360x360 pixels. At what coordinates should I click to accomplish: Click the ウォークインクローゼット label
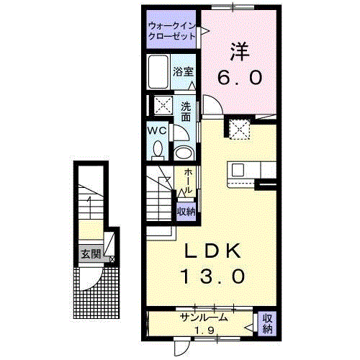coord(171,30)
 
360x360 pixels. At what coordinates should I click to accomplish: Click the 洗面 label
coord(186,107)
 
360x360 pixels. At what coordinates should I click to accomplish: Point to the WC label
coord(158,131)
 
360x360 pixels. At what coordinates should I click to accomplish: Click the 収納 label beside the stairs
coord(186,212)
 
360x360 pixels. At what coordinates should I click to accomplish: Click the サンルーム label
coord(204,317)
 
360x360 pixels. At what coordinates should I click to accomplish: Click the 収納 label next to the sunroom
coord(266,324)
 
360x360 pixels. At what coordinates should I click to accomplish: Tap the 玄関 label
coord(91,253)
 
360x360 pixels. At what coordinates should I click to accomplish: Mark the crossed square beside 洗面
coord(163,105)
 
